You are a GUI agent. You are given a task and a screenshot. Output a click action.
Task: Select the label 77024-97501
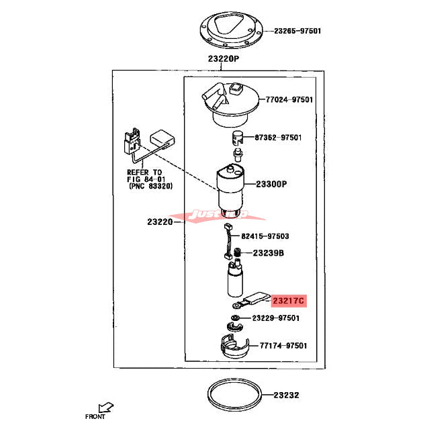point(289,99)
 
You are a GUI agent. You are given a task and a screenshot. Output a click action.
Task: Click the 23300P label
point(271,183)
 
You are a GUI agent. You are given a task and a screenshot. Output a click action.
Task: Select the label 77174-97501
point(283,345)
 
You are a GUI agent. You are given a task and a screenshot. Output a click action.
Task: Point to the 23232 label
point(288,395)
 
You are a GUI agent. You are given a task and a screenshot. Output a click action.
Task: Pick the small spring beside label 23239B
point(237,254)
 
